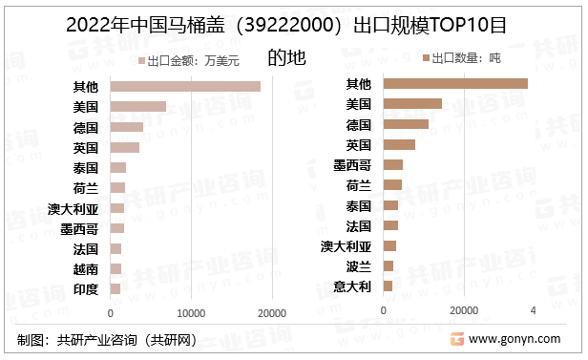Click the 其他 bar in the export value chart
click(185, 87)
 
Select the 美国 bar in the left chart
click(138, 107)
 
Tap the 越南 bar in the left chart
click(116, 269)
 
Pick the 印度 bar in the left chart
click(115, 288)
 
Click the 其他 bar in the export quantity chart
click(455, 83)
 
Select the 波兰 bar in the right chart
click(388, 265)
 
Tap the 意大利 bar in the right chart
click(388, 286)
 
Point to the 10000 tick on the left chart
click(192, 312)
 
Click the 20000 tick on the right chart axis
click(464, 310)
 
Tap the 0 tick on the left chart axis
click(111, 312)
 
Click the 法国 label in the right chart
click(358, 225)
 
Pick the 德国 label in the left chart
click(85, 127)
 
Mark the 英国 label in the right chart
click(358, 145)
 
